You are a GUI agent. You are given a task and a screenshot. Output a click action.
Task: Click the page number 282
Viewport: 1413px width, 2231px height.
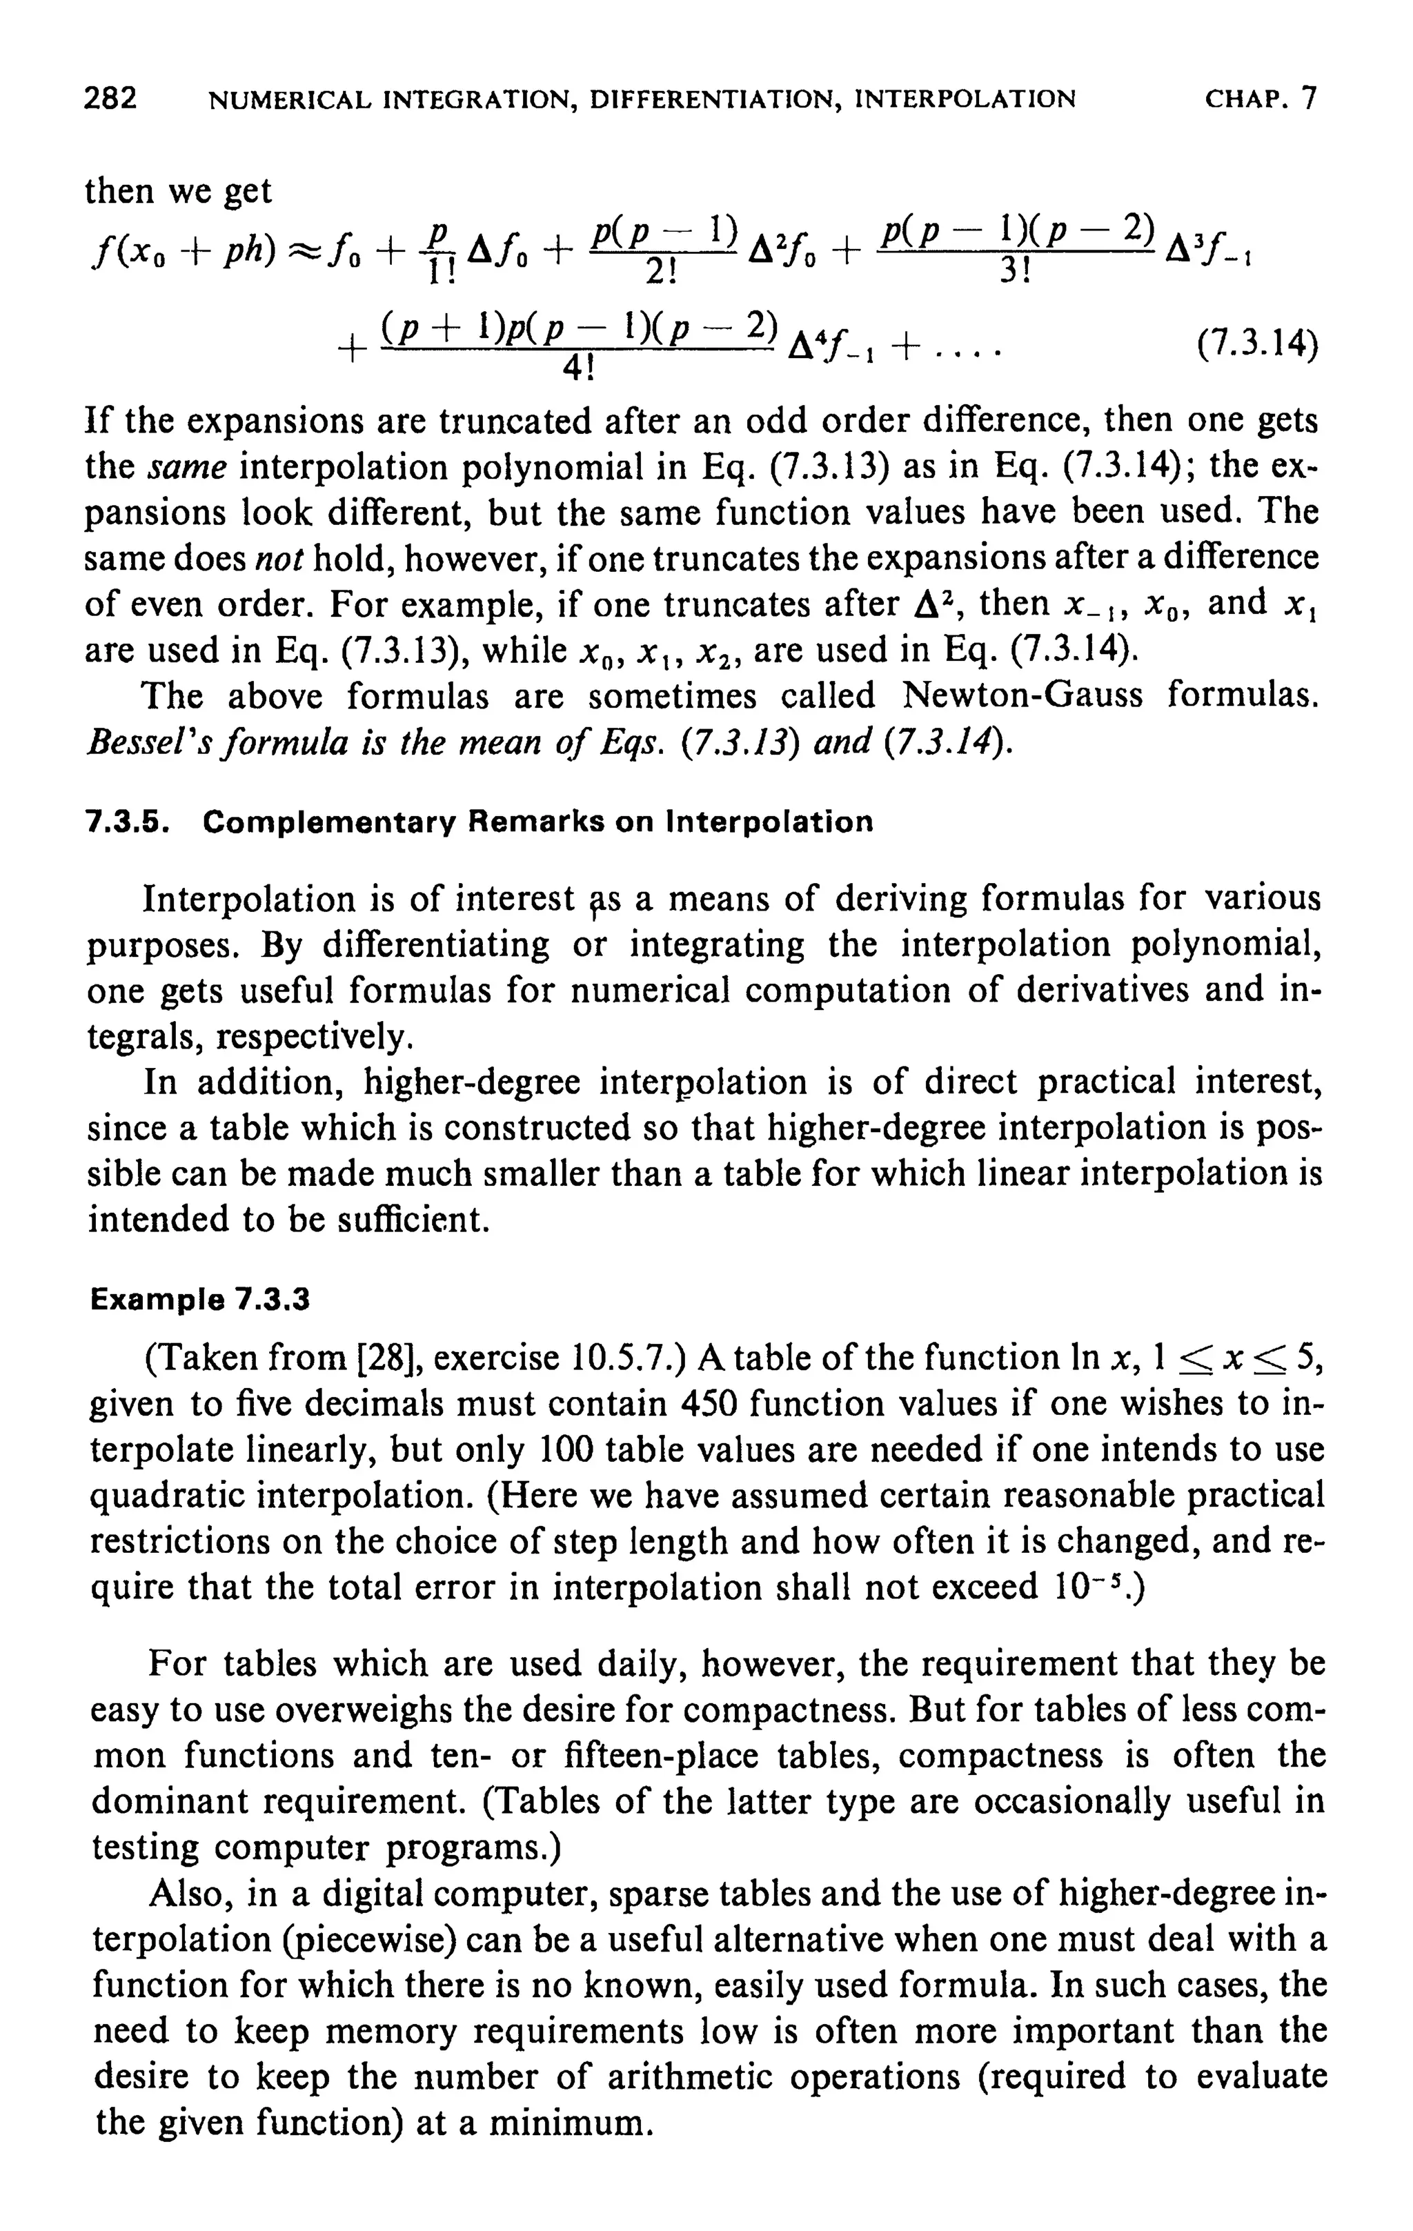[x=110, y=97]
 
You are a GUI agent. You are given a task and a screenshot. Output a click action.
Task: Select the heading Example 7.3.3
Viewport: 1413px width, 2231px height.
[x=199, y=1301]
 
